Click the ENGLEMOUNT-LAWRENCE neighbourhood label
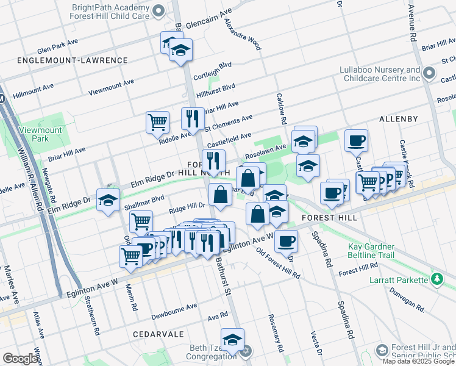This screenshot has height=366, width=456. [x=73, y=60]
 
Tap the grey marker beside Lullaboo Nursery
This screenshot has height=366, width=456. [x=429, y=74]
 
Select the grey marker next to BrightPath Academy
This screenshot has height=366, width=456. [x=159, y=11]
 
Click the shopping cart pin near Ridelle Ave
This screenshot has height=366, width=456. [x=157, y=121]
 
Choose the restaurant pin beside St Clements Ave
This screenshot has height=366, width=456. [x=193, y=118]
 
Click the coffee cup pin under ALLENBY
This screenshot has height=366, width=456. [x=356, y=140]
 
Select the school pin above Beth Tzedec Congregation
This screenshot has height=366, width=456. [x=232, y=339]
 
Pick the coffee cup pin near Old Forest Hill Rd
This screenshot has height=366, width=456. [x=285, y=240]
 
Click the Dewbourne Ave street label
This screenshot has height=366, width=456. [x=175, y=306]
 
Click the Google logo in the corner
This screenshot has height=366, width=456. [x=21, y=359]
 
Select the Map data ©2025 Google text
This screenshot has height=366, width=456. [x=418, y=361]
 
